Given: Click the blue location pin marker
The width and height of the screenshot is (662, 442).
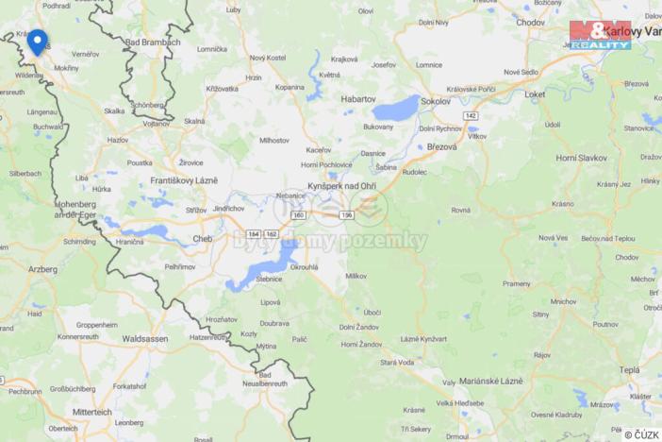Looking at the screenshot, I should (37, 41).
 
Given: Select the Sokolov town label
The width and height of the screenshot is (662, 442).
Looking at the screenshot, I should (436, 100).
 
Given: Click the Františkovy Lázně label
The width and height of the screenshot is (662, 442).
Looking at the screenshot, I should (184, 179).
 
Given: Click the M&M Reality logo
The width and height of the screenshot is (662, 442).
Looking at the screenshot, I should (601, 35).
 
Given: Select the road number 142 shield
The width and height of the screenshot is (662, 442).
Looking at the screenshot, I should (471, 115).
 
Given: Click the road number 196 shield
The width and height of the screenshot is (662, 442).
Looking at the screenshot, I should (347, 214).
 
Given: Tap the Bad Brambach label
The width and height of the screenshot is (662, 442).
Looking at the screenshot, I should (152, 42).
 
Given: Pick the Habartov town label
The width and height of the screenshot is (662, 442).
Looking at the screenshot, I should (357, 97).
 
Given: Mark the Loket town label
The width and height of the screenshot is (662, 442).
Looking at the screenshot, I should (536, 94).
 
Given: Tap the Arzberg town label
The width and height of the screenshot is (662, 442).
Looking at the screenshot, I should (41, 269).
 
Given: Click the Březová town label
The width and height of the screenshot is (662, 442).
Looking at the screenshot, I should (441, 146).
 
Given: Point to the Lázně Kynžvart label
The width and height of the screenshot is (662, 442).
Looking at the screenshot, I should (422, 338).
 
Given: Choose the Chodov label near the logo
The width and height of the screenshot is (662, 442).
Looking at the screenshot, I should (530, 22).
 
